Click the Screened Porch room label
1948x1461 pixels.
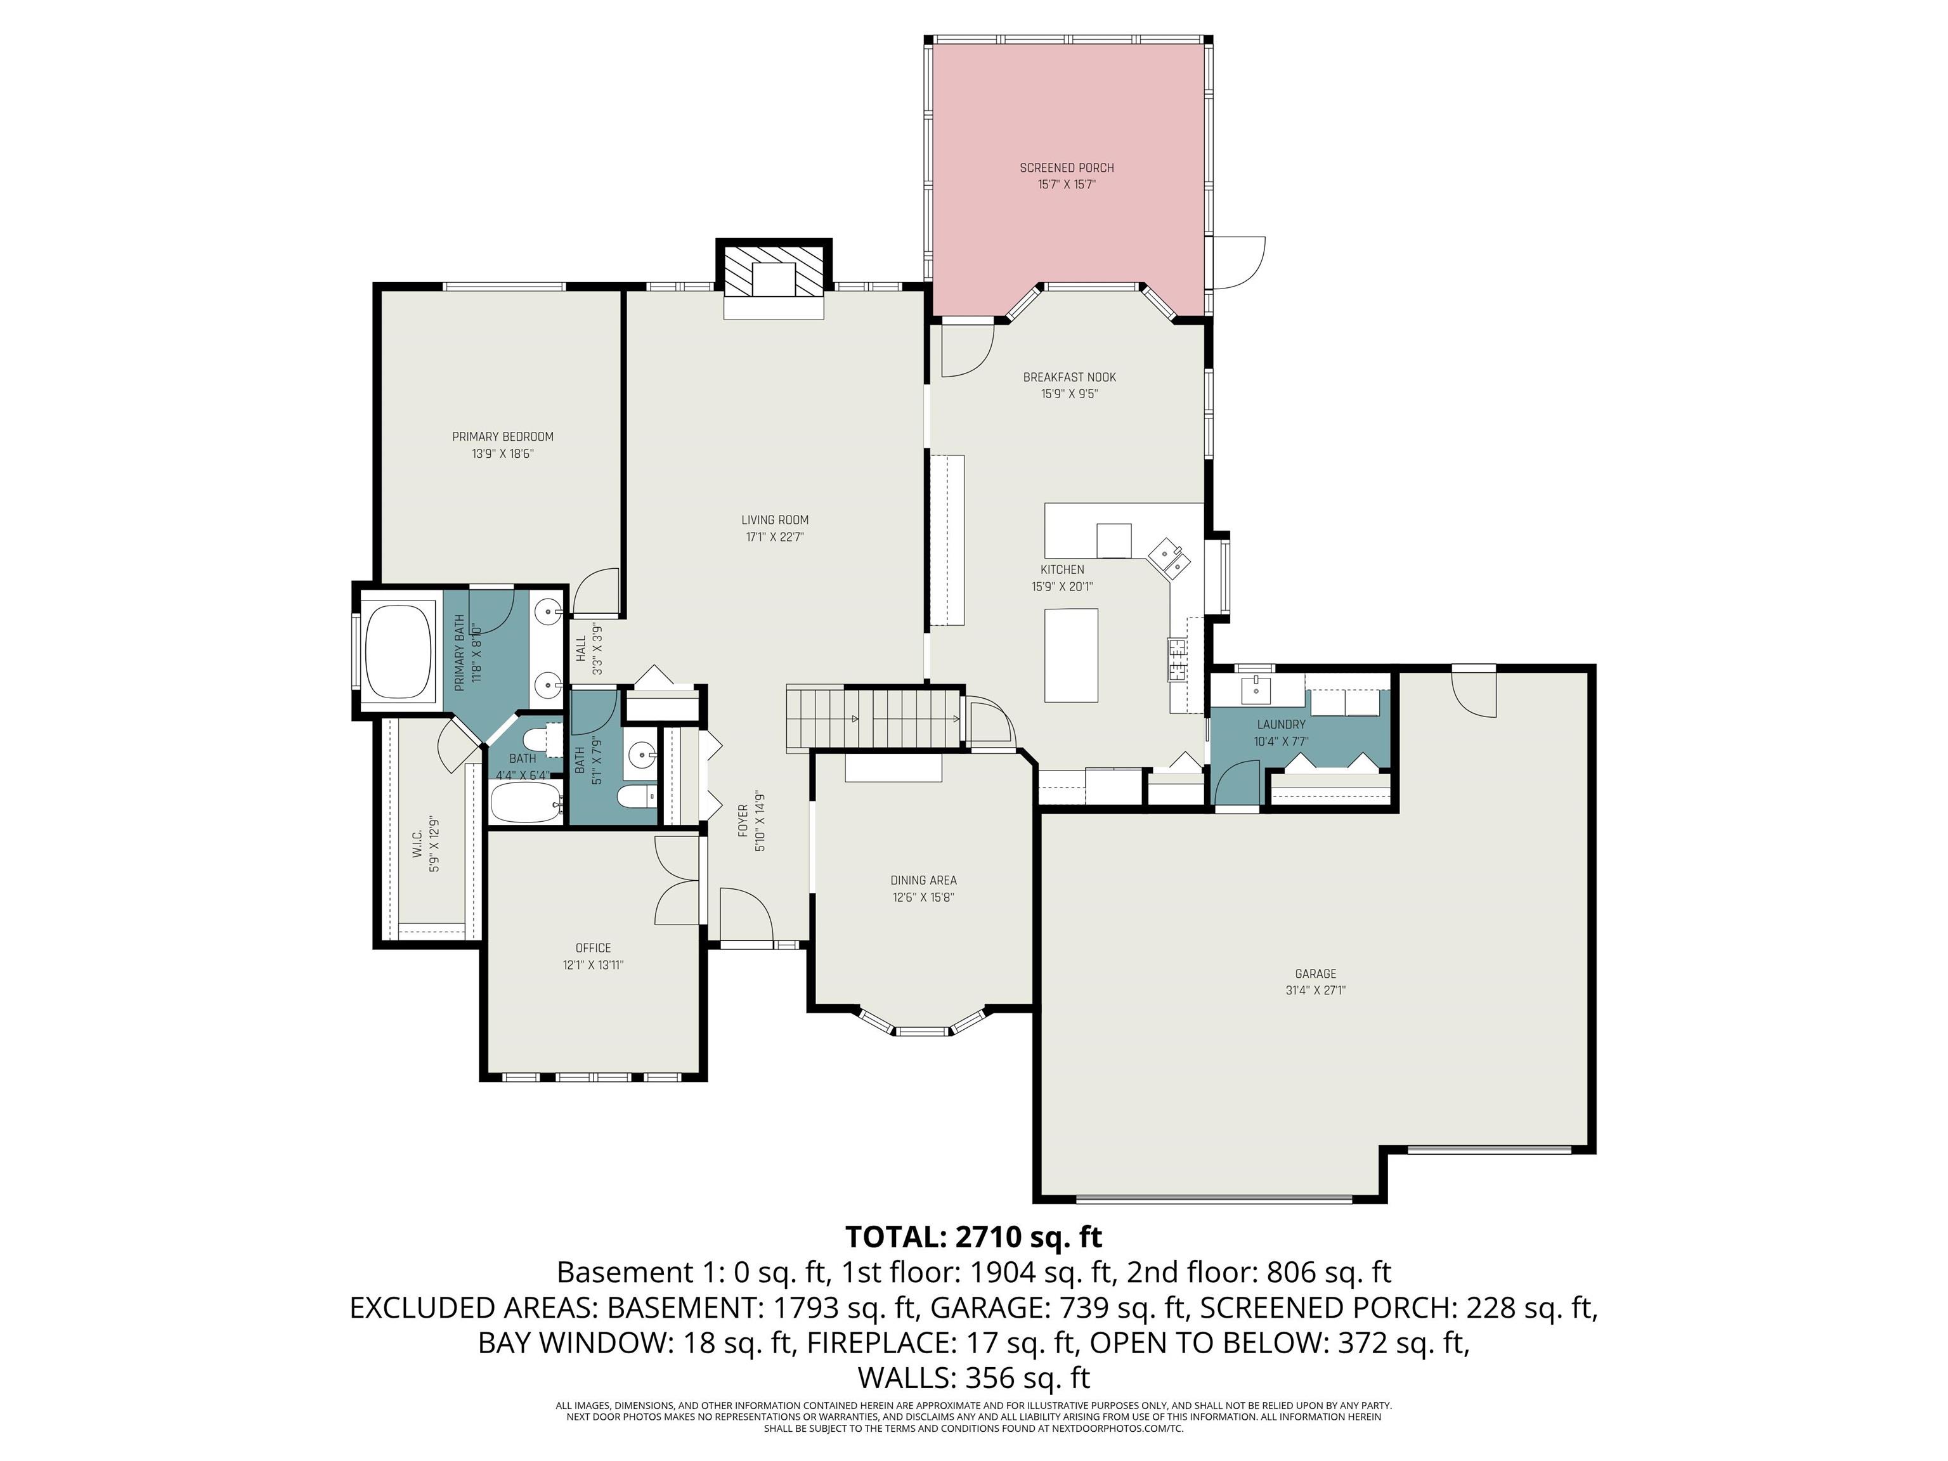click(1067, 167)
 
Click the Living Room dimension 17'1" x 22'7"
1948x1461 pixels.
click(774, 537)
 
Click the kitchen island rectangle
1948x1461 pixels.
click(1071, 655)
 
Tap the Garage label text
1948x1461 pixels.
click(1315, 973)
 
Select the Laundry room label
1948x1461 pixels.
click(1280, 725)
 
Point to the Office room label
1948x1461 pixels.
click(593, 947)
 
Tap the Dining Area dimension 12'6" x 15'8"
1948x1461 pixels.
click(923, 897)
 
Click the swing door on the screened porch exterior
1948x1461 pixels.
click(1237, 261)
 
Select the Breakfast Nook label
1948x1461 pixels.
click(1069, 377)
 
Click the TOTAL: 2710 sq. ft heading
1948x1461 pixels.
click(973, 1237)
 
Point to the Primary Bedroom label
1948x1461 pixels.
click(502, 437)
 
